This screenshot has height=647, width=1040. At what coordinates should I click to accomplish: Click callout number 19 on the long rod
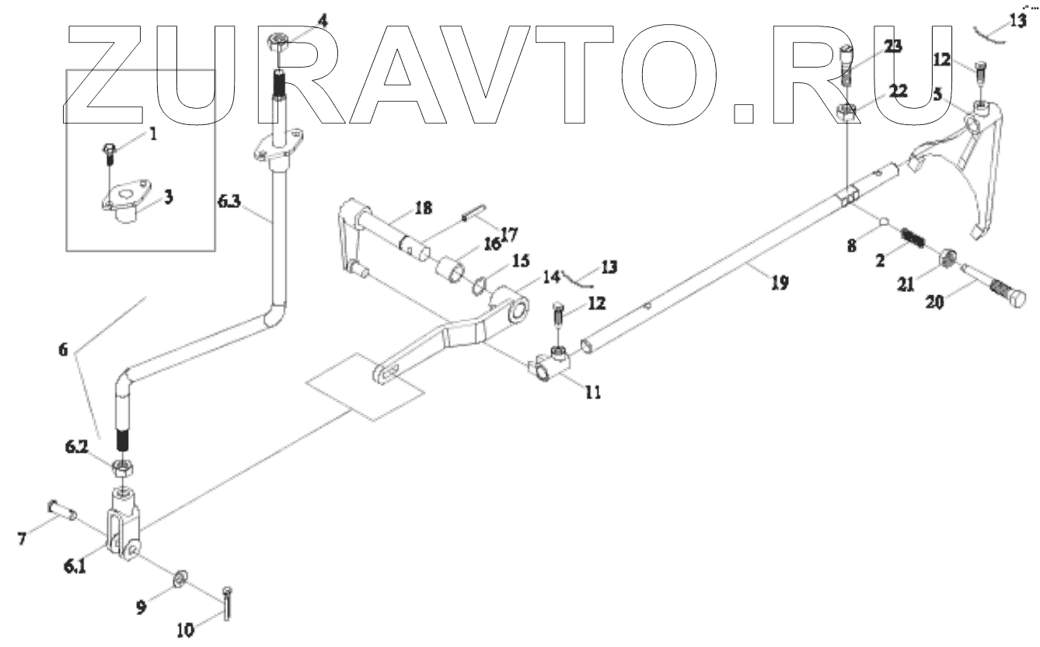pos(780,283)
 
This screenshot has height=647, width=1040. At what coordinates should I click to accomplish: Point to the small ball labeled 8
pos(885,223)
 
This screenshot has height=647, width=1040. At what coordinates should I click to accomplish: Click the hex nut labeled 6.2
pos(121,468)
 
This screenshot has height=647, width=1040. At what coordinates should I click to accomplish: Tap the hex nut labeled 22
pos(848,115)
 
